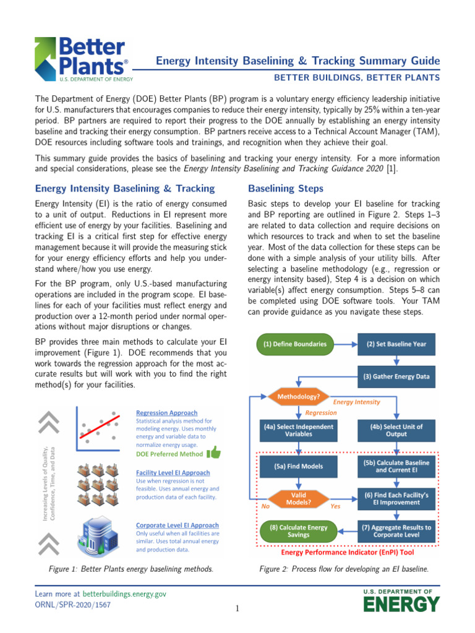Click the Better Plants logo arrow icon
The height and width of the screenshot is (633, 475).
click(46, 56)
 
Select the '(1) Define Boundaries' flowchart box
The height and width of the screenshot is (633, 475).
click(294, 344)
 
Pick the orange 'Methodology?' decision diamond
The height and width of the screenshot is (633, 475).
click(299, 396)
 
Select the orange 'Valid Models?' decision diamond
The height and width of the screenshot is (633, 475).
click(298, 499)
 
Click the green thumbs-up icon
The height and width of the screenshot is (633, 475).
click(214, 452)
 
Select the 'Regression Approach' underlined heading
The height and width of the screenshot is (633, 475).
click(166, 413)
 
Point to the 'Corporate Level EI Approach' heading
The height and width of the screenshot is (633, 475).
click(177, 525)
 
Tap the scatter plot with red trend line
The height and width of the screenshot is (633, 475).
click(99, 431)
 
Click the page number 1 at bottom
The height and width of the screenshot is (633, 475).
click(237, 609)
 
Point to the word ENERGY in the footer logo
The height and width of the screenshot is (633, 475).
click(401, 604)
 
